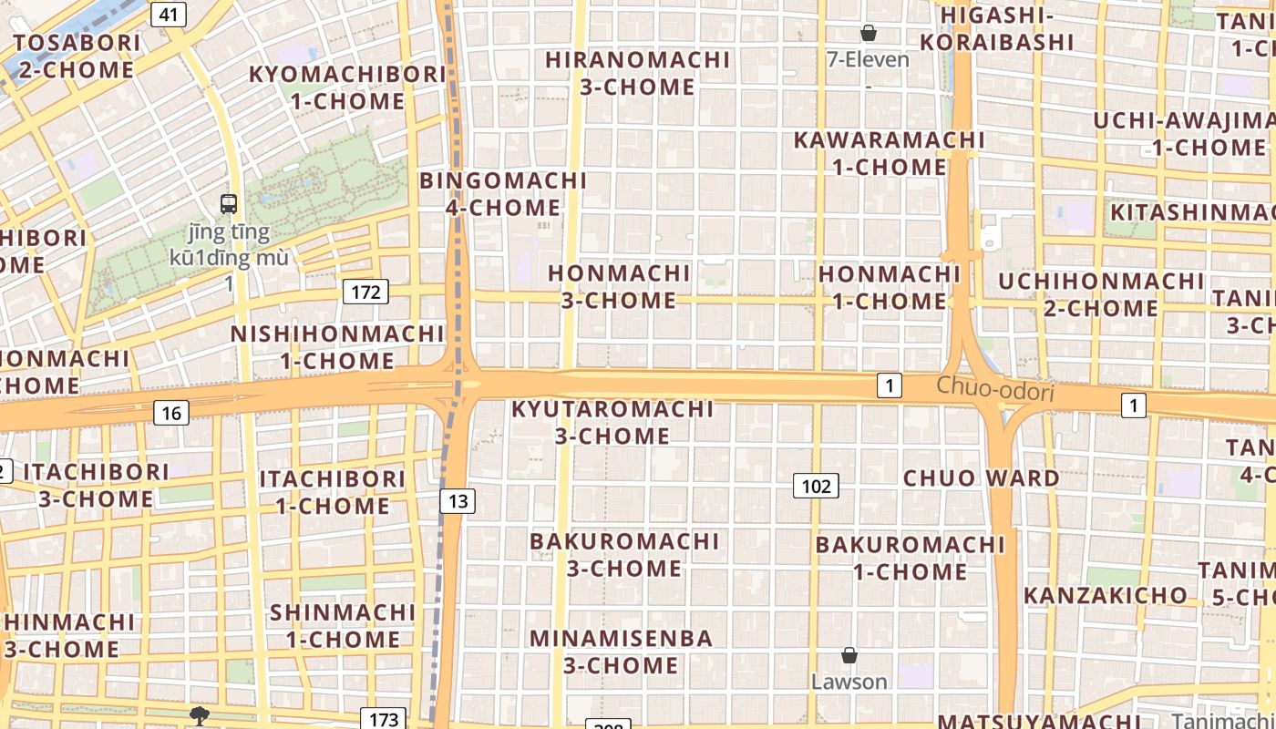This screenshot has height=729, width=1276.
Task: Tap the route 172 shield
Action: pos(365,292)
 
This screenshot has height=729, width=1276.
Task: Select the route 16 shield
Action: pos(171,413)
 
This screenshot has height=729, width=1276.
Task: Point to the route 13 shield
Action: pos(458,500)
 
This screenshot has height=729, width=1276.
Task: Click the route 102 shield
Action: pos(816,486)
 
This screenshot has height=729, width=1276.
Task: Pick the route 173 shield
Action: pos(384,719)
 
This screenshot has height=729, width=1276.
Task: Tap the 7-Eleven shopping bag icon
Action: pos(869,33)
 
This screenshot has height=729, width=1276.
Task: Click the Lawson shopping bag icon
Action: pos(849,655)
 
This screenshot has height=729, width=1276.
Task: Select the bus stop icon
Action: pos(229,204)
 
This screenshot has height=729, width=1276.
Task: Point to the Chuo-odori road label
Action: pos(994,389)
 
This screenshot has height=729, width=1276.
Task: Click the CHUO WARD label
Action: pos(982,477)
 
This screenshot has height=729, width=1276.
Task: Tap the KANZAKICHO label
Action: pos(1106,595)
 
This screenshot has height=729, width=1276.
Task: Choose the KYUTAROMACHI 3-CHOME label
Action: pos(612,422)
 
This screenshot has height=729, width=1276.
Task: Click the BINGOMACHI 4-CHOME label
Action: pos(503,194)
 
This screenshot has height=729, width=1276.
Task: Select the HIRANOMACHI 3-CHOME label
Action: pos(638,73)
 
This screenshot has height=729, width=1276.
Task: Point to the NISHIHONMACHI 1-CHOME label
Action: pos(337,347)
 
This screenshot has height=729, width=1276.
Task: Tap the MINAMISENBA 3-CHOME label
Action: pos(622,652)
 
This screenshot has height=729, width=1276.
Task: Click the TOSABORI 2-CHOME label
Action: pos(77,56)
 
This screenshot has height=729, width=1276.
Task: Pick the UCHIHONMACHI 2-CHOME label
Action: pos(1101,294)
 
